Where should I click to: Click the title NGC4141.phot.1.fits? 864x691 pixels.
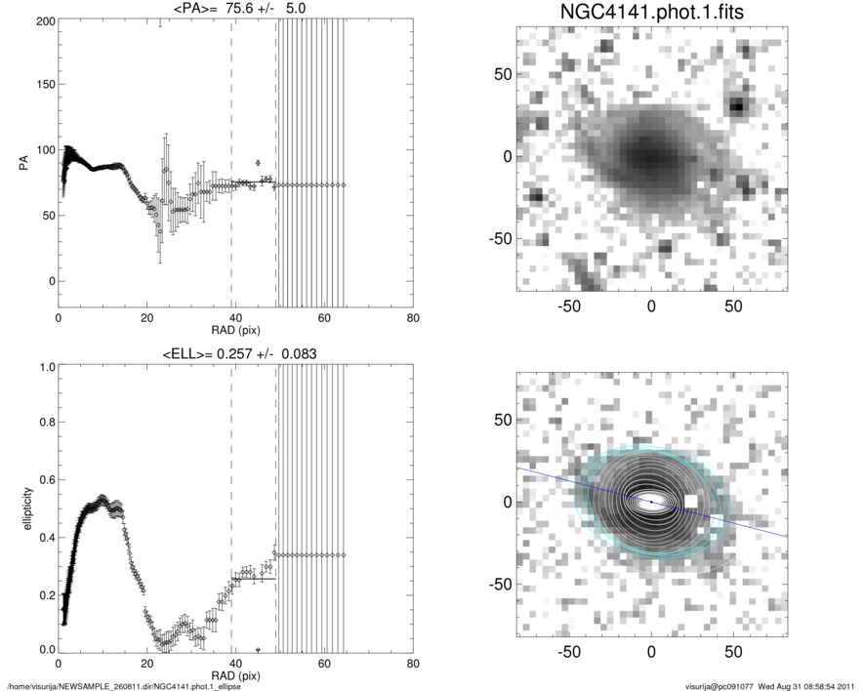pos(651,12)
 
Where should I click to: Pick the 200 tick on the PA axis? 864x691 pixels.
pos(43,20)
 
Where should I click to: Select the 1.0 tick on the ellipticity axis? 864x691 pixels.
pos(45,367)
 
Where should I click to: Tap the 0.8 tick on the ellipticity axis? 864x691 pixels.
pos(45,424)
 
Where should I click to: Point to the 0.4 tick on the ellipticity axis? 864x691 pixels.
pos(45,537)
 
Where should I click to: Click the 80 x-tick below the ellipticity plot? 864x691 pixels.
pos(413,665)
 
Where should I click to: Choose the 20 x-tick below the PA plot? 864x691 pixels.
pos(147,318)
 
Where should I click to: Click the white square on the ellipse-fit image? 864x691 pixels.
pos(691,501)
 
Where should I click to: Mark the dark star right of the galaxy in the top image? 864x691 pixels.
pos(738,105)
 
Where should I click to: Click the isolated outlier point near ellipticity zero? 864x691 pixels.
pos(258,649)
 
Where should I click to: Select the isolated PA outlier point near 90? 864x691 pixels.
pos(258,162)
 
